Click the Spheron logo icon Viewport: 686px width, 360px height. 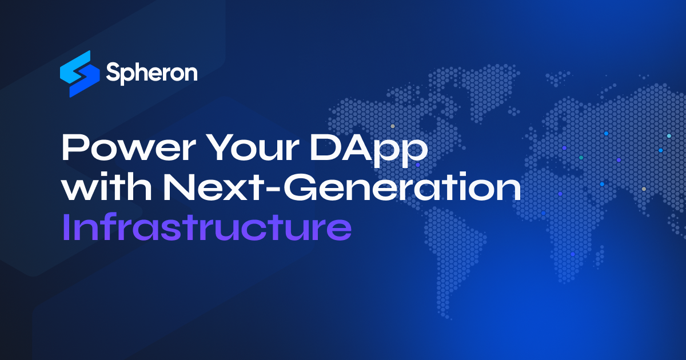(75, 73)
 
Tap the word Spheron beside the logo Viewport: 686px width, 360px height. (151, 74)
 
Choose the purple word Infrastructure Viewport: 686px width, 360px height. (206, 228)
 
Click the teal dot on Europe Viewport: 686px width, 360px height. (581, 157)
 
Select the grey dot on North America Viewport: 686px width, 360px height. (392, 126)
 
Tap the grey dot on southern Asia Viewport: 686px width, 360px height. (644, 189)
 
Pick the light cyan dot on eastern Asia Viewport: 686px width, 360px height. (669, 136)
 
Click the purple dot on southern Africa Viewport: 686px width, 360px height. (572, 254)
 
